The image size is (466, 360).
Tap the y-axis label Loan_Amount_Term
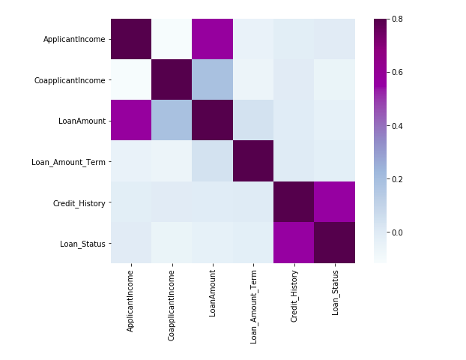click(69, 161)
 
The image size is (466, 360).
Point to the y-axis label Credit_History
click(76, 202)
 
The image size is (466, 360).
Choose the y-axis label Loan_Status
click(81, 243)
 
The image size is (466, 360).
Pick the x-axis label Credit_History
click(294, 299)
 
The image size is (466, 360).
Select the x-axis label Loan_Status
click(335, 294)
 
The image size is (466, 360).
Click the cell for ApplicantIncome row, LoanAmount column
click(213, 39)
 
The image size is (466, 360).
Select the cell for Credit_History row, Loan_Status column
click(335, 202)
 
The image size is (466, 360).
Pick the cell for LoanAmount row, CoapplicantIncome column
click(172, 121)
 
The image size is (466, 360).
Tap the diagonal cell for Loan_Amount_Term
click(253, 161)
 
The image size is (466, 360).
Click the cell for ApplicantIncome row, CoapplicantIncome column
click(172, 39)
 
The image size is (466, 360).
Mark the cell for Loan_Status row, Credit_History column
click(294, 243)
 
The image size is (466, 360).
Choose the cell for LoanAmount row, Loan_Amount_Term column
click(253, 121)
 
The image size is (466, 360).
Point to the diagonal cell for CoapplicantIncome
click(172, 79)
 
